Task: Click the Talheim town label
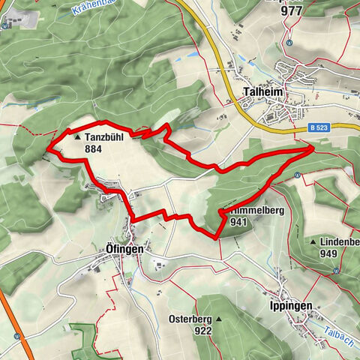coord(262,94)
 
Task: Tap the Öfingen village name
coord(124,248)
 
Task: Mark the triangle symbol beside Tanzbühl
coord(79,138)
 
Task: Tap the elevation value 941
coord(239,222)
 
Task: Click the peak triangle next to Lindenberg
coord(312,243)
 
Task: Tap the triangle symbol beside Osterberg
coord(218,319)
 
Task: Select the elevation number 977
coord(290,11)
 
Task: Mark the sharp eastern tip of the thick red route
coord(313,148)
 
